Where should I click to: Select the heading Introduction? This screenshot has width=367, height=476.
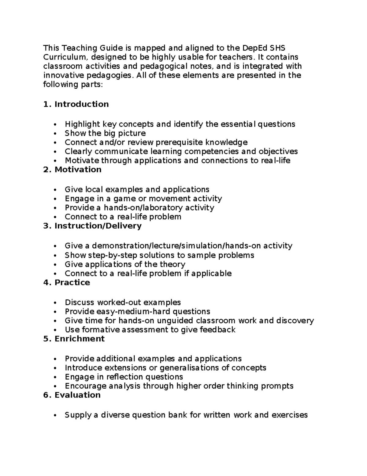coord(81,104)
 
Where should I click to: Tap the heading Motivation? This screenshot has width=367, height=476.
coord(78,169)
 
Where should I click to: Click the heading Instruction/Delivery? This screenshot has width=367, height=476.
coord(98,226)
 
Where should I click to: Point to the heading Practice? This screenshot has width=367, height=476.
coord(72,282)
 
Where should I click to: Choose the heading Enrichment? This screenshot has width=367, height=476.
coord(80,339)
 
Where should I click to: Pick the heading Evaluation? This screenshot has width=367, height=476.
coord(77,395)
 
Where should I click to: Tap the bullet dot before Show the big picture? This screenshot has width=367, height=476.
coord(55,134)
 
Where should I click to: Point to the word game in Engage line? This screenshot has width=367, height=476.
coord(125,199)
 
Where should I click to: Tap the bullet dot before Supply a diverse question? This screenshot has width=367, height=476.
coord(55,415)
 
